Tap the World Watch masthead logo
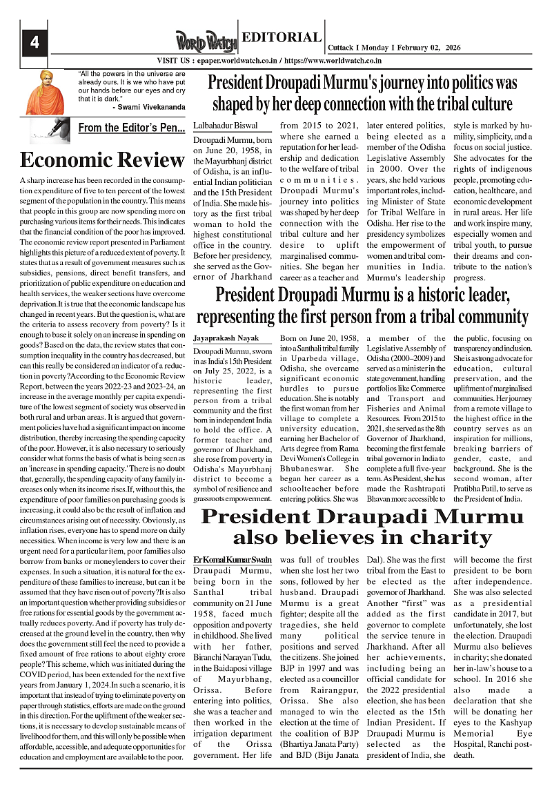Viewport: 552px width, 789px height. coord(206,42)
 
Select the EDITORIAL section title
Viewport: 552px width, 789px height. coord(282,38)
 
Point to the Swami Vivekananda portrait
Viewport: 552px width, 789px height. coord(45,92)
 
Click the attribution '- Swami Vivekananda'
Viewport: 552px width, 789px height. coord(148,107)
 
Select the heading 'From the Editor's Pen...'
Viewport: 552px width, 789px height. coord(131,128)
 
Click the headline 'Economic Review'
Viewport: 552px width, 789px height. coord(102,160)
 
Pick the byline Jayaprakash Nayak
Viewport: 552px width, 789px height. coord(226,339)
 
